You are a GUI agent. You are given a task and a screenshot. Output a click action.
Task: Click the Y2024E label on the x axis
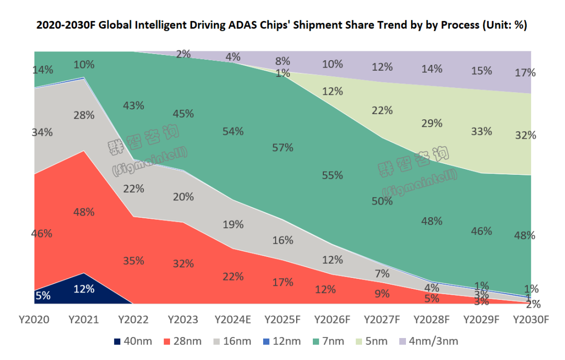pos(233,319)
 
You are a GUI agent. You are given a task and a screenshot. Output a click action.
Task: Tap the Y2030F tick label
pos(532,319)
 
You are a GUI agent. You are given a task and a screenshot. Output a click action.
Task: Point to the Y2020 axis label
pos(34,319)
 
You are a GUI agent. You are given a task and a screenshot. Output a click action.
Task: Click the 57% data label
pos(282,148)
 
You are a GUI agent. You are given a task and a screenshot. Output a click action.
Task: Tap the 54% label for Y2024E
pos(233,131)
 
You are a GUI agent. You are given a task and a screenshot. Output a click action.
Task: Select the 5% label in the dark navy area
pos(43,295)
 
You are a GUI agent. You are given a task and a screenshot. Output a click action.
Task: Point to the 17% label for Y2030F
pos(525,73)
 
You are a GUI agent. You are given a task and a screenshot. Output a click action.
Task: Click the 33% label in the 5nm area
pos(481,131)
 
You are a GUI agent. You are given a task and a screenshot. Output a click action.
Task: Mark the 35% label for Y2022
pos(133,261)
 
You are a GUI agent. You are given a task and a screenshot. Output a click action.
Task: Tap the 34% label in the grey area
pos(42,132)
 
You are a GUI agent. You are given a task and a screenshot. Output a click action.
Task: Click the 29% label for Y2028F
pos(432,123)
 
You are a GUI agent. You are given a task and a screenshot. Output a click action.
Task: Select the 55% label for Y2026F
pos(332,175)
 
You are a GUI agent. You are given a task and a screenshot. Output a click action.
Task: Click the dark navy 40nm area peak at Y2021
pos(84,283)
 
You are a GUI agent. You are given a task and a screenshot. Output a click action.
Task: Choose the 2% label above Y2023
pos(183,53)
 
